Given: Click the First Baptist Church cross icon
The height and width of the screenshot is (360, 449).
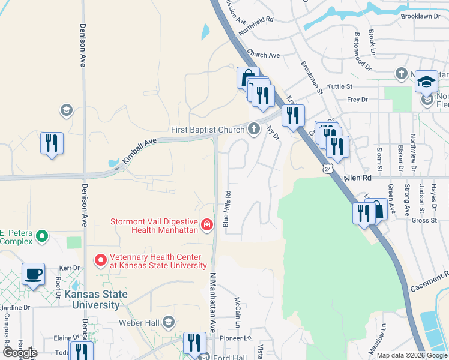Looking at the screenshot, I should tap(254, 129).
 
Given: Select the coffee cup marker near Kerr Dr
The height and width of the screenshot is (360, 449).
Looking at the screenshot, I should tap(34, 274).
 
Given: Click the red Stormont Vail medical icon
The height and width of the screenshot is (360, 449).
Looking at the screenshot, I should tap(206, 225).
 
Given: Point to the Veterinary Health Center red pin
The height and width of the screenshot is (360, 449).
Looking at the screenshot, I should tap(100, 261).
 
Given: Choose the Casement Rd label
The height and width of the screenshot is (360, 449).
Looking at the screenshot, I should tap(429, 283).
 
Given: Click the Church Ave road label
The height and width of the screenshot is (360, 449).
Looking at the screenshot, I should tap(263, 55).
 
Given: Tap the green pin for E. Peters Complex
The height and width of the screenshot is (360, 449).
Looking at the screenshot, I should tap(41, 236).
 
